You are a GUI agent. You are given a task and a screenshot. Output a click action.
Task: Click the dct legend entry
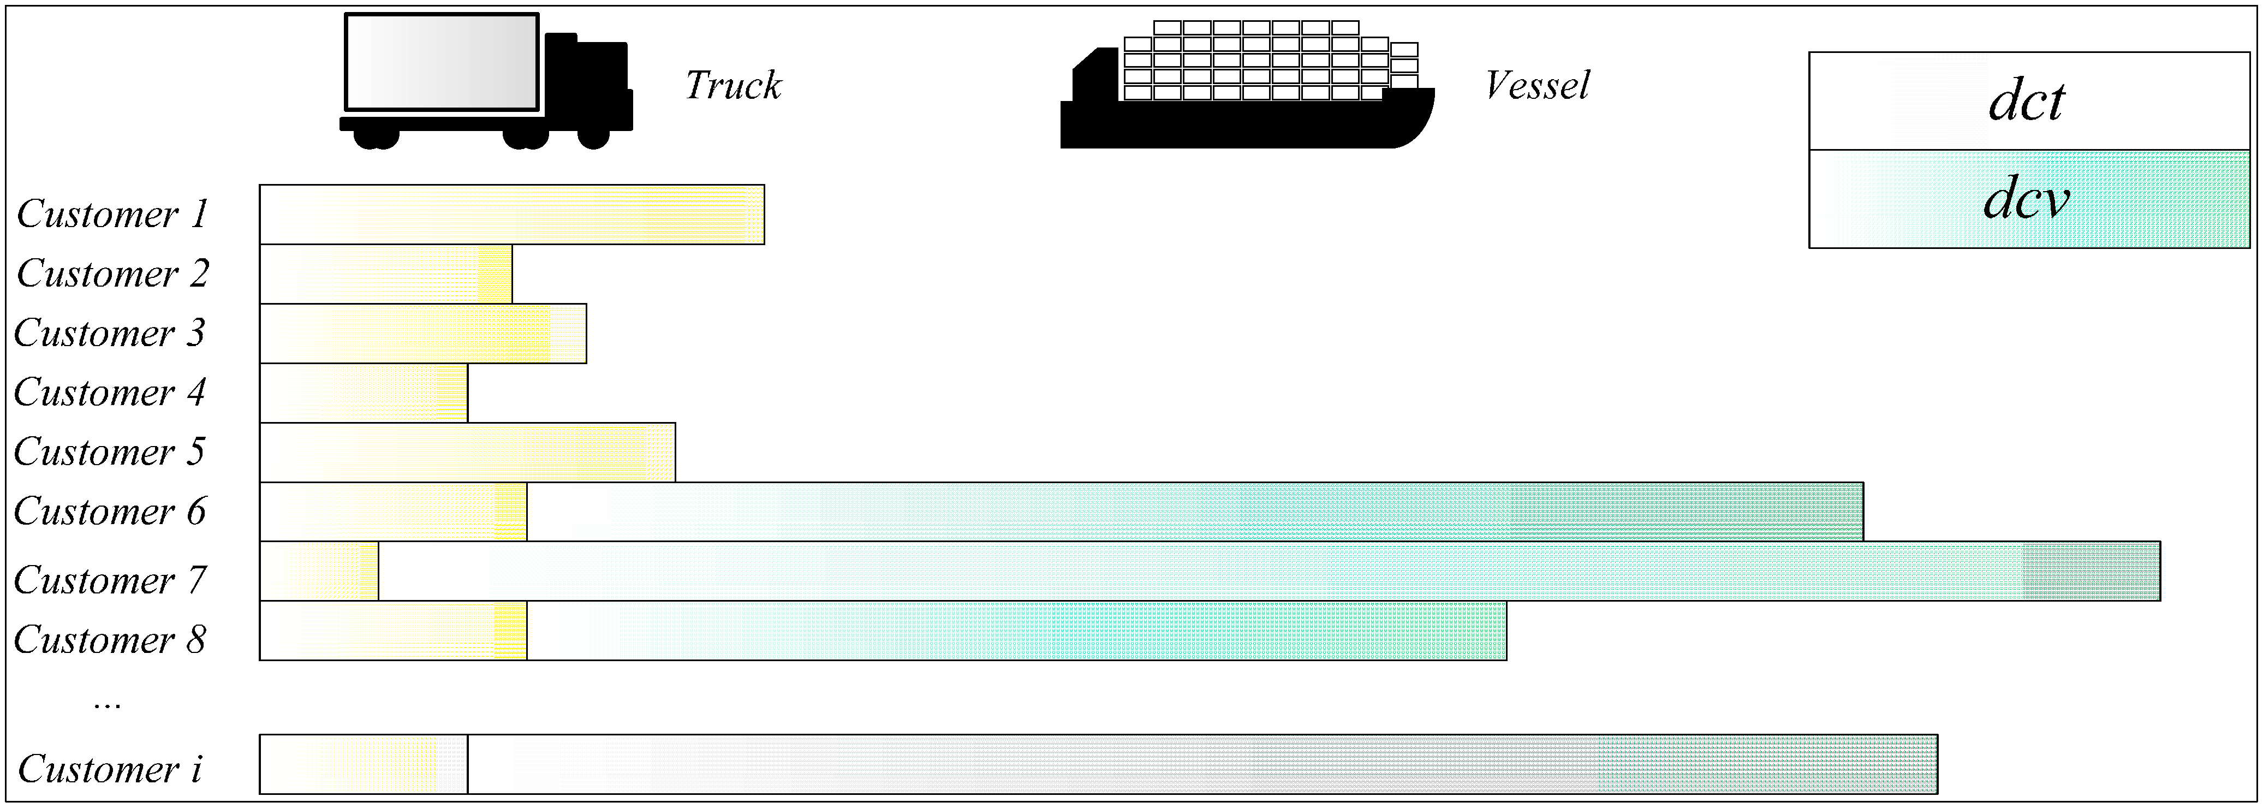pyautogui.click(x=2028, y=101)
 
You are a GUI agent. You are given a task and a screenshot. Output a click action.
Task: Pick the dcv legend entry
pyautogui.click(x=2028, y=199)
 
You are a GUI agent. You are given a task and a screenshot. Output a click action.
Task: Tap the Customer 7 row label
pyautogui.click(x=110, y=580)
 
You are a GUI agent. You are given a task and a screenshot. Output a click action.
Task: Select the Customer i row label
pyautogui.click(x=110, y=769)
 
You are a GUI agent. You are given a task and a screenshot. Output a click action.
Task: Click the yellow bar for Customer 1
pyautogui.click(x=511, y=215)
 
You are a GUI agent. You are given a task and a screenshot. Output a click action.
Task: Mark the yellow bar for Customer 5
pyautogui.click(x=467, y=452)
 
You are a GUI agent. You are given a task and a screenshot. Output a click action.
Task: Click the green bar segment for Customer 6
pyautogui.click(x=1195, y=511)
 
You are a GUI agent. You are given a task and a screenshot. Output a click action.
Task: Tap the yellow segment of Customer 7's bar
pyautogui.click(x=319, y=571)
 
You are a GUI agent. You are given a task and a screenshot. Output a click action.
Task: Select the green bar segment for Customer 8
pyautogui.click(x=1016, y=631)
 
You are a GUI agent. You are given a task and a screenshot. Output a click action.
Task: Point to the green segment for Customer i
pyautogui.click(x=1202, y=764)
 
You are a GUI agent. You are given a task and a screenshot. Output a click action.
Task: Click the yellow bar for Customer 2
pyautogui.click(x=386, y=274)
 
